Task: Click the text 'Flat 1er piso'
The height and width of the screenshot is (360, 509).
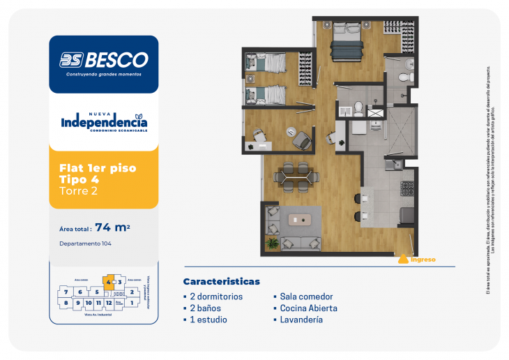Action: (x=98, y=168)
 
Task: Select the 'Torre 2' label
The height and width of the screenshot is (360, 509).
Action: (x=79, y=191)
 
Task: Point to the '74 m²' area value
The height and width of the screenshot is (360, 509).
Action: (x=114, y=227)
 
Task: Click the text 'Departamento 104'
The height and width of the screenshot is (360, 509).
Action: (x=86, y=243)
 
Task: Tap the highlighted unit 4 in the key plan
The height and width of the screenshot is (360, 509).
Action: (x=108, y=282)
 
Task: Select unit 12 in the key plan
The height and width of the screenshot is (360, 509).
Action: (x=109, y=303)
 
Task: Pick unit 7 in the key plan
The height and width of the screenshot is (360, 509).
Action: (x=66, y=292)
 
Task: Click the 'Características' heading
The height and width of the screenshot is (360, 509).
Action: (x=221, y=281)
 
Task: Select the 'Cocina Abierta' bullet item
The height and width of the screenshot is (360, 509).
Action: (x=309, y=308)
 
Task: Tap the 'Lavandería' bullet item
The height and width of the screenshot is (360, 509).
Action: (x=301, y=320)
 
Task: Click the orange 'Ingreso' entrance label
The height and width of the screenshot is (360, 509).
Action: (x=423, y=260)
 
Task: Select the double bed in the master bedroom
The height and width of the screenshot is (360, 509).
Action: (x=347, y=44)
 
